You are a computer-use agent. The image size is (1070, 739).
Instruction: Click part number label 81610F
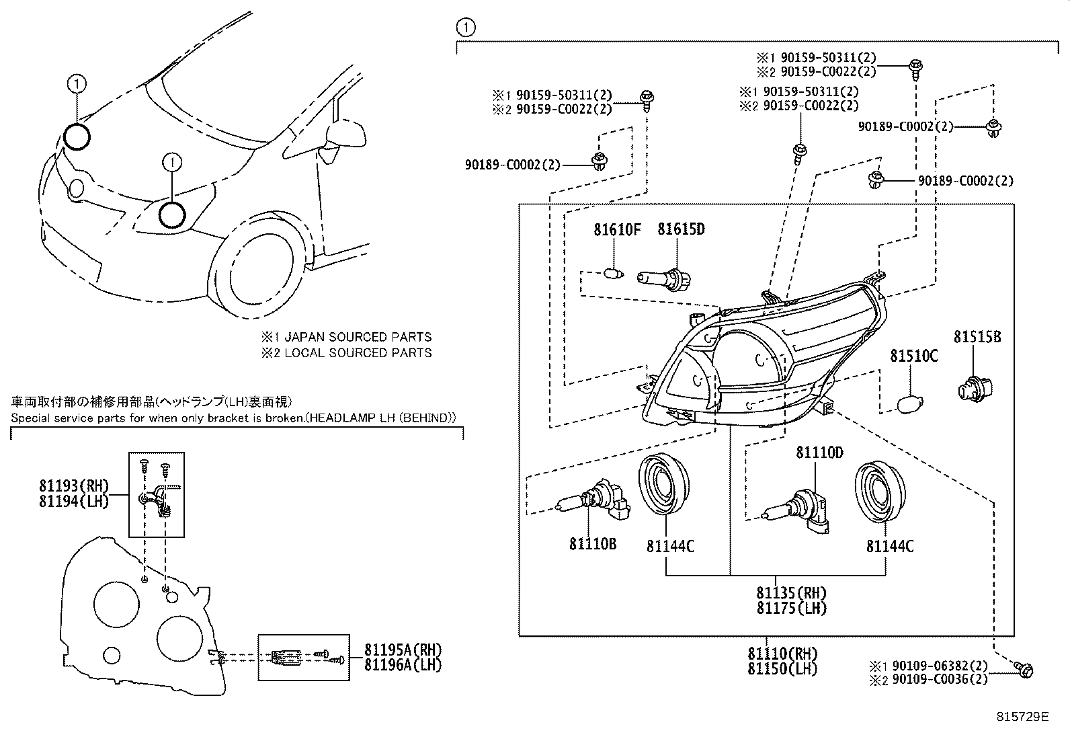point(616,229)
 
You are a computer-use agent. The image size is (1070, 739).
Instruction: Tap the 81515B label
point(977,337)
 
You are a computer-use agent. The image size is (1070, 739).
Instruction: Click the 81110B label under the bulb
point(592,544)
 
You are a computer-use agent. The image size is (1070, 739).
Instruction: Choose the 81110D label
point(819,453)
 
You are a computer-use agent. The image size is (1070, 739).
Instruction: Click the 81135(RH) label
point(791,593)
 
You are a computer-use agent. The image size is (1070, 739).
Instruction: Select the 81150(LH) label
point(782,668)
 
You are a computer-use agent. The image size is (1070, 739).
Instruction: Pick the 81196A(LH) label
point(403,664)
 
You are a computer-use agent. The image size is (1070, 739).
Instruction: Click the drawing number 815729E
point(1023,717)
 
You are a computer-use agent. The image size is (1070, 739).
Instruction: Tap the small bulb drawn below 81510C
point(911,404)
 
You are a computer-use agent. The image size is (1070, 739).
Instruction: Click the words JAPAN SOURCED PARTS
point(358,337)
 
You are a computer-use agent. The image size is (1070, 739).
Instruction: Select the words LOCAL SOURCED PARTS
point(358,352)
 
